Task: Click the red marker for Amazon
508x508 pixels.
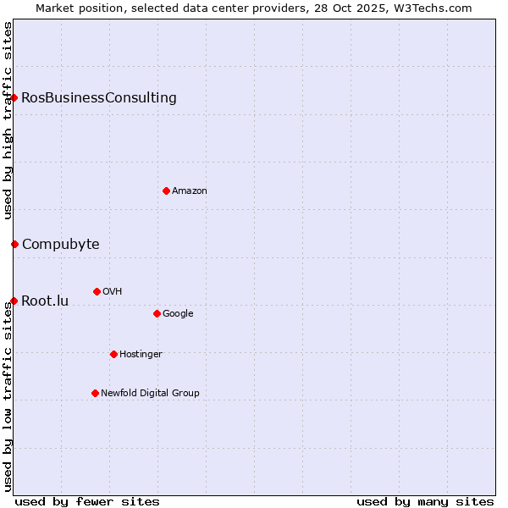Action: point(166,190)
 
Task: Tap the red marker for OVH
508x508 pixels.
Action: point(97,291)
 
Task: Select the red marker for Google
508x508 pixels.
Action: point(157,313)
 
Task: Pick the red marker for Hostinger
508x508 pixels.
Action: point(113,354)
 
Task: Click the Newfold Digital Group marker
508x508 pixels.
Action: point(95,393)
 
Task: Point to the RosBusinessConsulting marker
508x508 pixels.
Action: point(14,97)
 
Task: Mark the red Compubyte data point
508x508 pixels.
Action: point(14,244)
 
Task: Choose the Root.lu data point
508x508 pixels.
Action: point(14,301)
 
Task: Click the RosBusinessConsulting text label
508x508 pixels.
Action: point(99,97)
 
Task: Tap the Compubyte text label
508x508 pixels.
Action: point(60,245)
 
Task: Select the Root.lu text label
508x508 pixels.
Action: point(45,301)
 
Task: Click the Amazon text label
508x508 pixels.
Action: point(190,191)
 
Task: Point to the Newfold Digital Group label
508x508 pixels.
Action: point(150,393)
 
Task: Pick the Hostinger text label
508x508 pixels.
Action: point(141,354)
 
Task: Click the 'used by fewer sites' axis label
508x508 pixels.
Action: point(87,501)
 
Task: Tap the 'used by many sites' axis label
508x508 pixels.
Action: point(425,501)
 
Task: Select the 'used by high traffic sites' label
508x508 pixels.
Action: point(8,120)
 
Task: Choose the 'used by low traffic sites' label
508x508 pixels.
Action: point(8,396)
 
